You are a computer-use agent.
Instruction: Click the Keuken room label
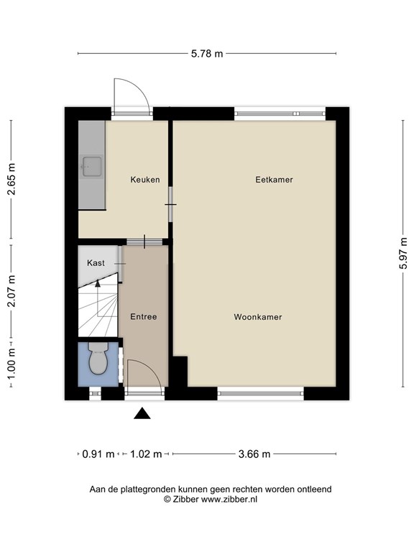pos(145,180)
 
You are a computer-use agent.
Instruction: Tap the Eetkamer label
pos(274,180)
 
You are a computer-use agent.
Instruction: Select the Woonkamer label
pos(258,317)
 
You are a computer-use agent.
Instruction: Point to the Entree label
pos(143,316)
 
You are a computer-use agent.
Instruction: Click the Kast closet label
pos(96,262)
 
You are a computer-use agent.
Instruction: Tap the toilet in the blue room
pos(98,358)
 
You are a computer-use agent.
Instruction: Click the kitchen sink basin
pos(92,167)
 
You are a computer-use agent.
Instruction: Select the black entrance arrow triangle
pos(142,413)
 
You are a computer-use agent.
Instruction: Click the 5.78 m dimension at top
pos(207,53)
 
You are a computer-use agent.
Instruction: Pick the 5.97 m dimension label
pos(403,253)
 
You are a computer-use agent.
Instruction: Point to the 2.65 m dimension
pos(11,179)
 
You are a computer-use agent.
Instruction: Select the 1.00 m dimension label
pos(11,364)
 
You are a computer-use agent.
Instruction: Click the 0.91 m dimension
pos(98,454)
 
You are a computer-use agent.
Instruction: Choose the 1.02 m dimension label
pos(146,454)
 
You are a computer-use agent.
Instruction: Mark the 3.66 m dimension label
pos(254,454)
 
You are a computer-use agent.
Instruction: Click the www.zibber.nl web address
pos(229,500)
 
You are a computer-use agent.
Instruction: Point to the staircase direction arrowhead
pos(98,282)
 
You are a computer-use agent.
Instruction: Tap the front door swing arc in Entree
pos(152,369)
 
